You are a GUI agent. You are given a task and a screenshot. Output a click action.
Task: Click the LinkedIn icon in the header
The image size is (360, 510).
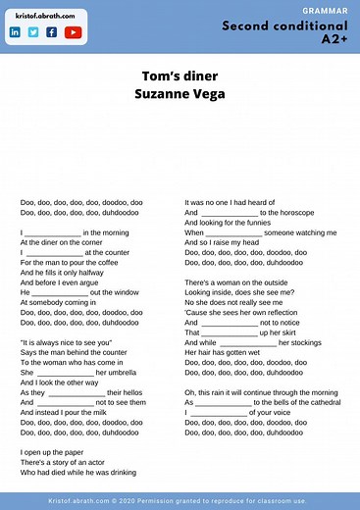pyautogui.click(x=15, y=32)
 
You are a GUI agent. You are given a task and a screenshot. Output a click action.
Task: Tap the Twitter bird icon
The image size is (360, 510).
pyautogui.click(x=32, y=32)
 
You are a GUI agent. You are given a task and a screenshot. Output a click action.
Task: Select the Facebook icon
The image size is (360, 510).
pyautogui.click(x=51, y=32)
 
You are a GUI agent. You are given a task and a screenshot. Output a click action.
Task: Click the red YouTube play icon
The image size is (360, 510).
pyautogui.click(x=73, y=32)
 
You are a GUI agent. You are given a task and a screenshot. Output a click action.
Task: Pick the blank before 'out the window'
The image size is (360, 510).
pyautogui.click(x=58, y=292)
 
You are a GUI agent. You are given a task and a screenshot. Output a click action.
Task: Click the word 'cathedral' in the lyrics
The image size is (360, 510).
pyautogui.click(x=314, y=403)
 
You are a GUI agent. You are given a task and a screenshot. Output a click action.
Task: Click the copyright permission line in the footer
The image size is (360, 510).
pyautogui.click(x=180, y=500)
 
